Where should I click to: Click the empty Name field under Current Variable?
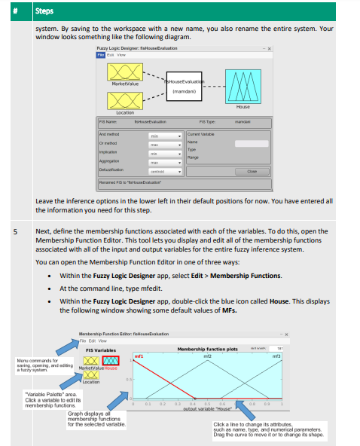251,142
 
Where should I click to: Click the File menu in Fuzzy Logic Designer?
99,55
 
